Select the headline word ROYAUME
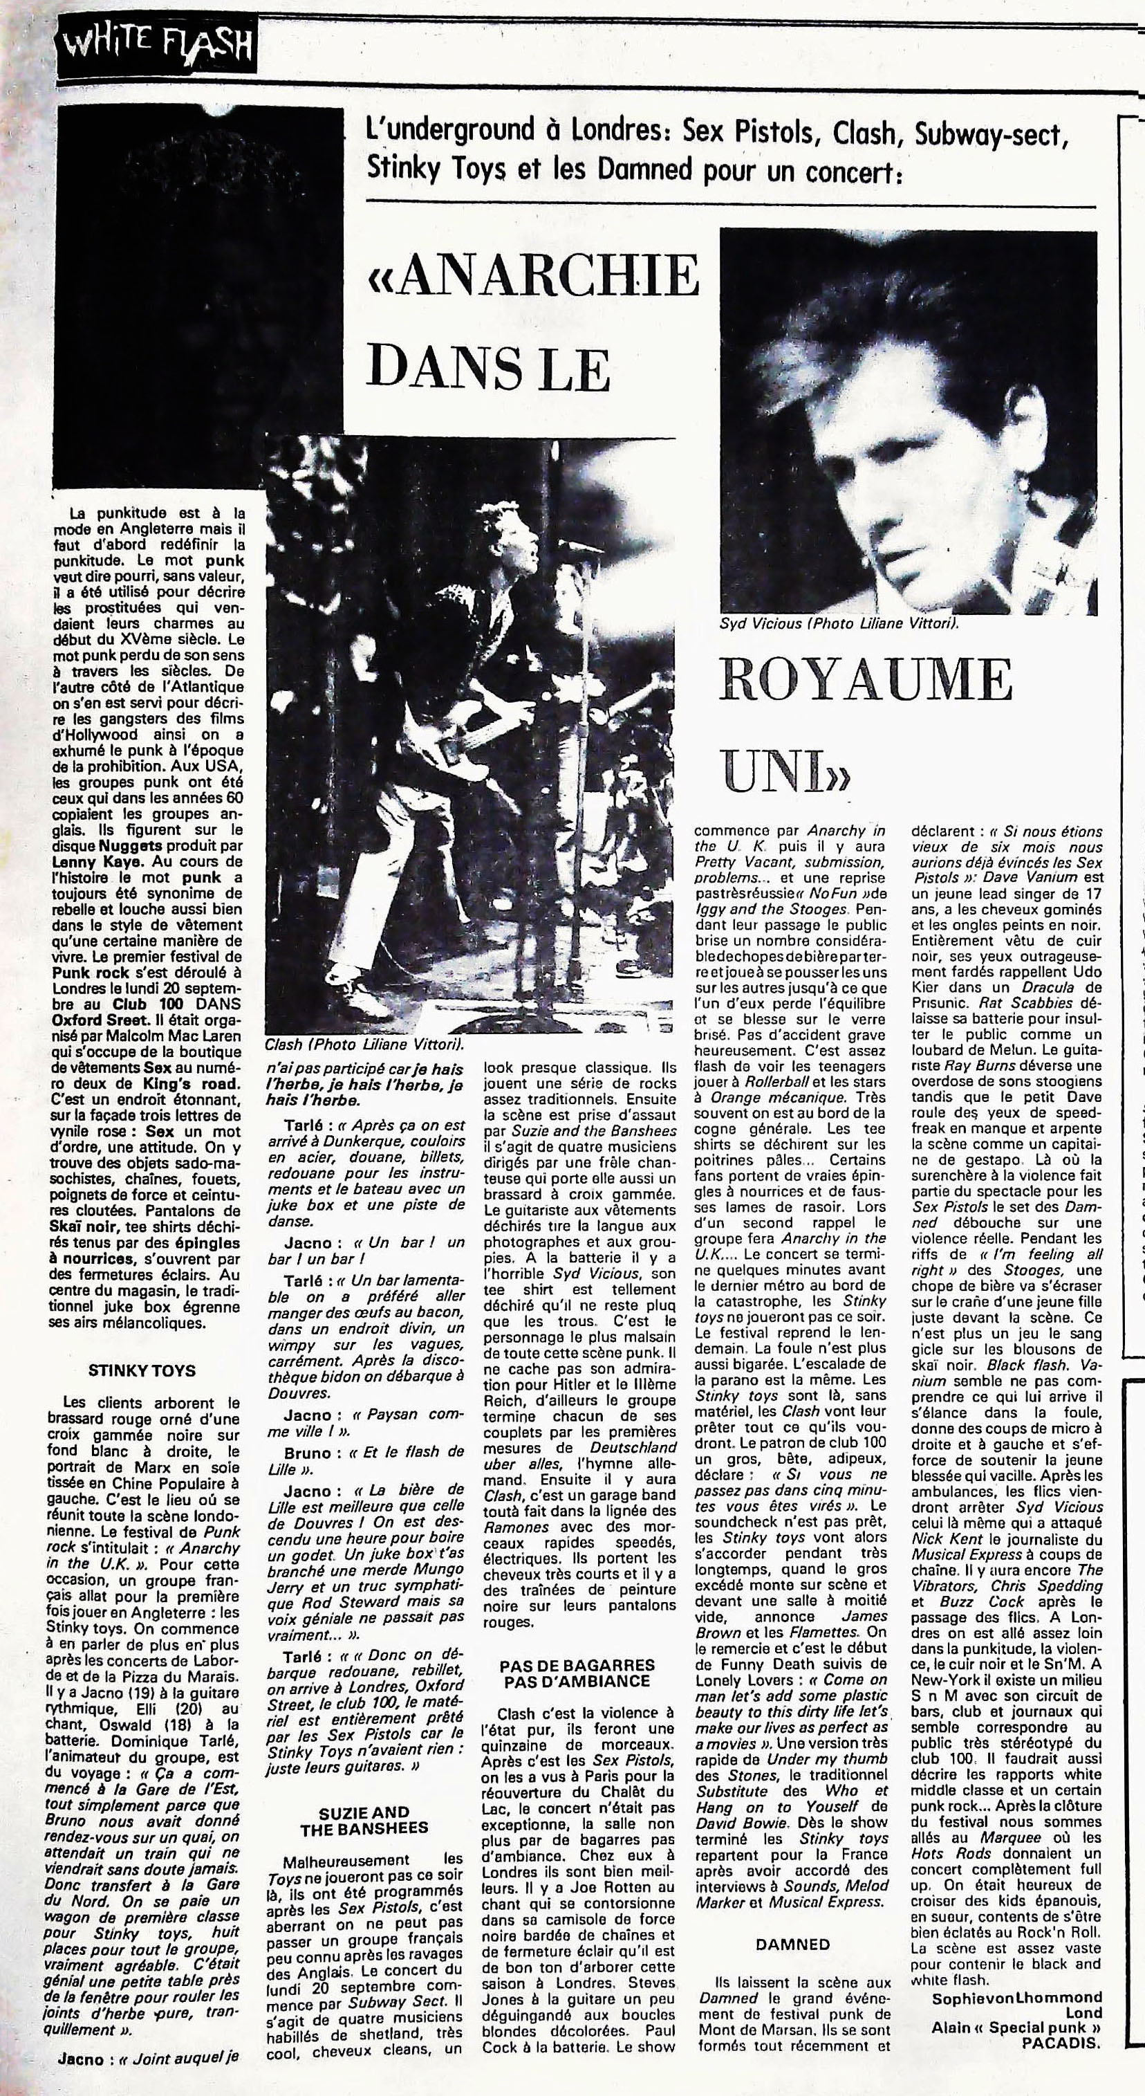(x=865, y=679)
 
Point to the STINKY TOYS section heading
(x=142, y=1370)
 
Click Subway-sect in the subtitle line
(x=989, y=134)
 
